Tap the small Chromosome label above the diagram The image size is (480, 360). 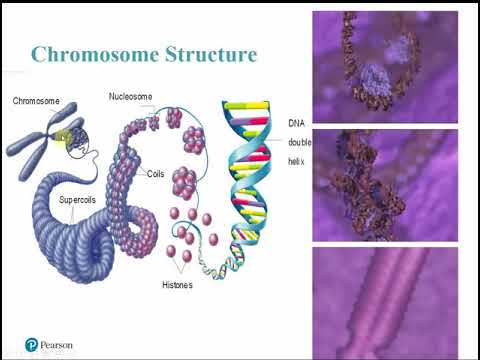(x=36, y=101)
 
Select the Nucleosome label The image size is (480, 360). (x=130, y=97)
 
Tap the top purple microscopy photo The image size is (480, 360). (x=385, y=67)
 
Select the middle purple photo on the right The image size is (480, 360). (x=385, y=185)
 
